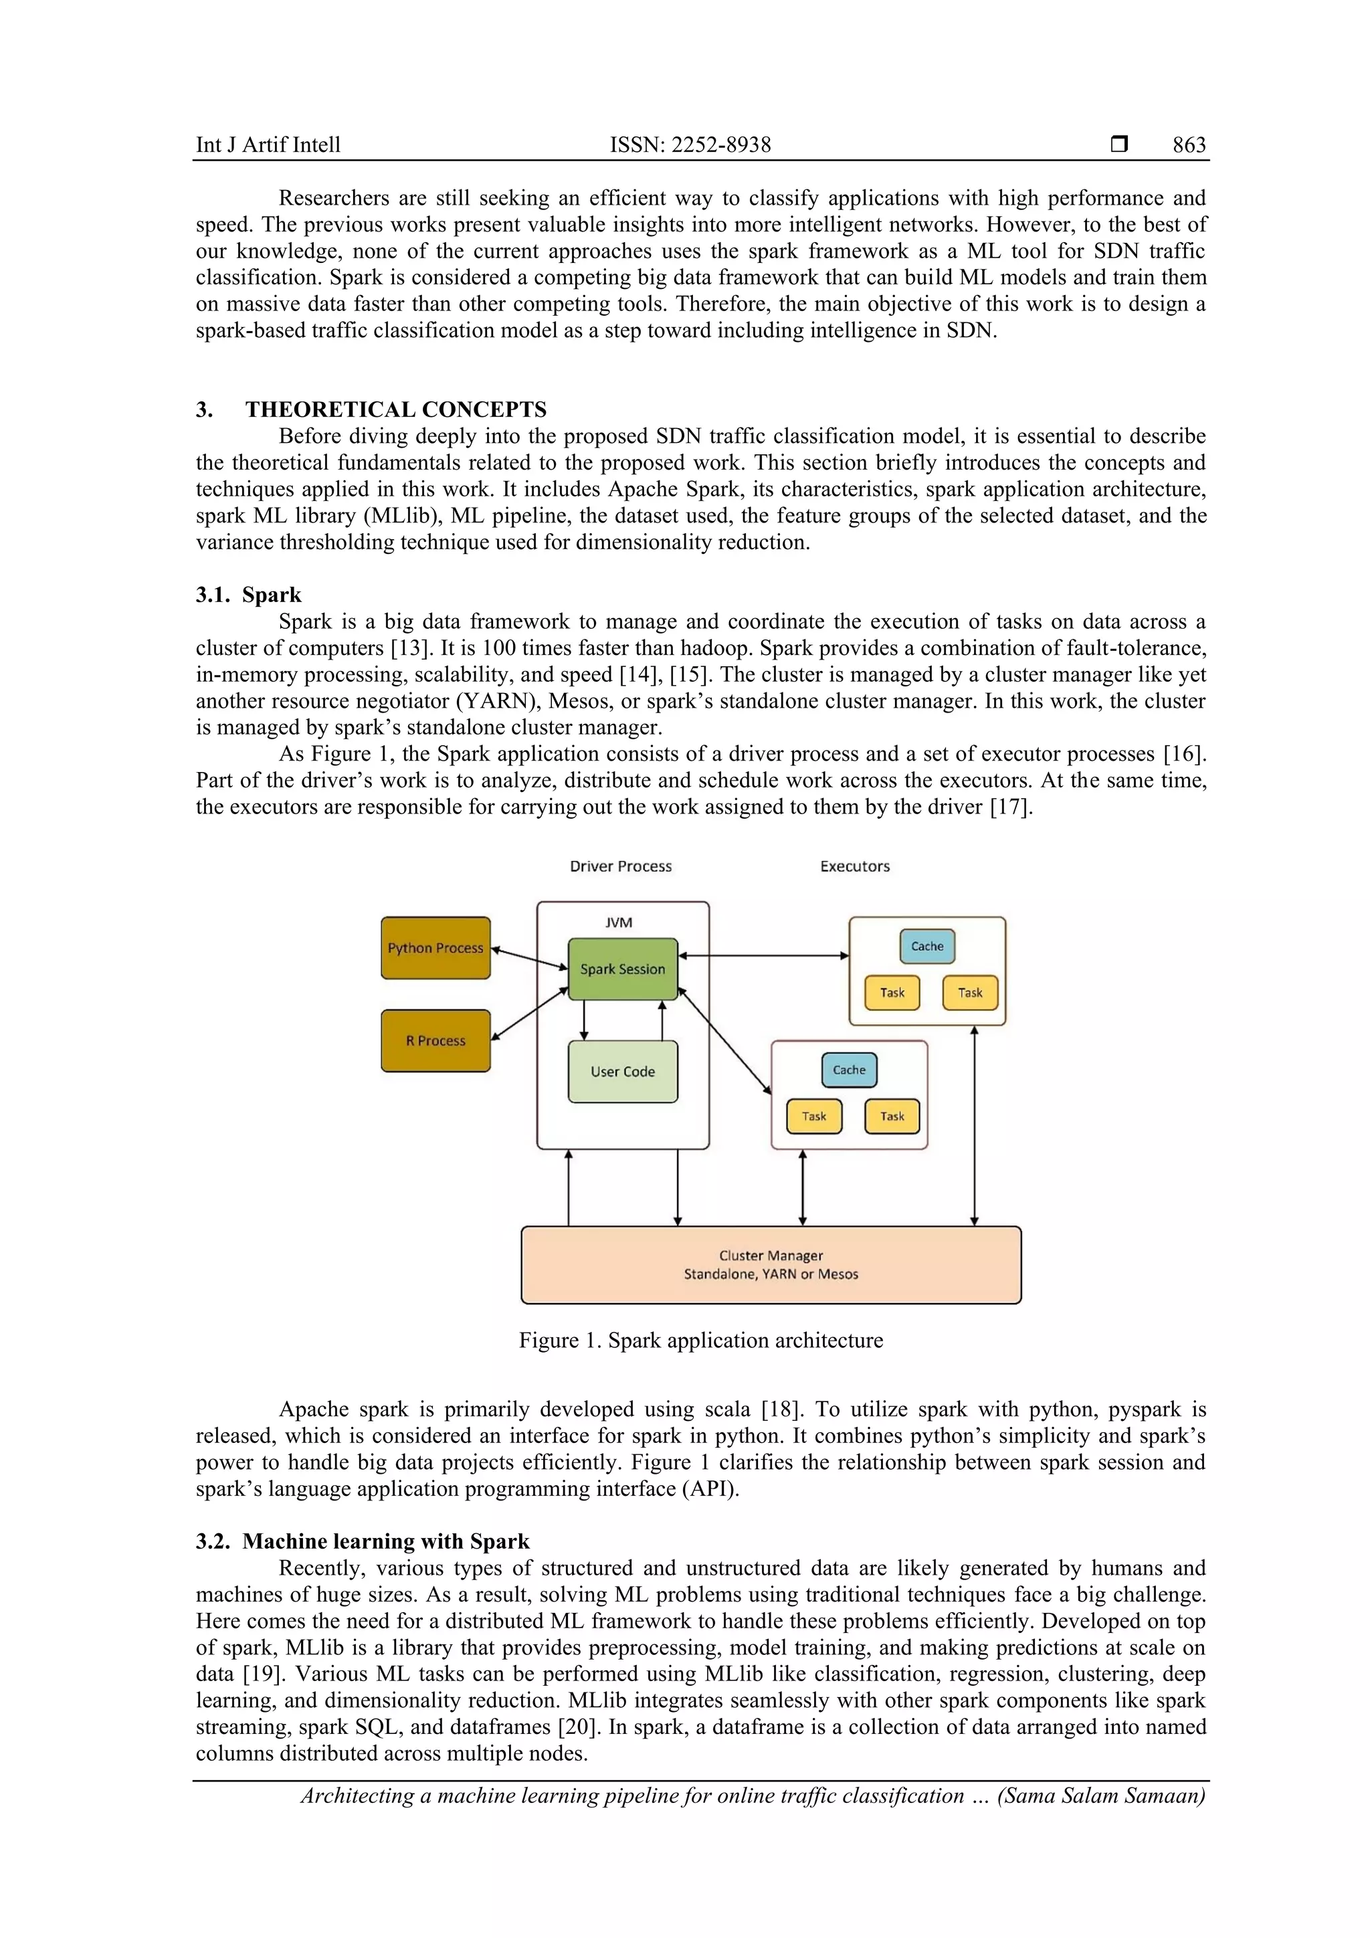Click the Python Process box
click(435, 948)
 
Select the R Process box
click(435, 1041)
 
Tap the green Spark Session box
click(623, 969)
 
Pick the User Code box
click(623, 1071)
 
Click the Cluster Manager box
click(771, 1264)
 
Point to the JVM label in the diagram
click(619, 923)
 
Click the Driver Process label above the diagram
click(620, 866)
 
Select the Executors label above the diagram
click(855, 866)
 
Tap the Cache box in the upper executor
click(927, 946)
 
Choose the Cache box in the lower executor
click(849, 1070)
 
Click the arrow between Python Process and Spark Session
click(529, 959)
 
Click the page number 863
click(1189, 145)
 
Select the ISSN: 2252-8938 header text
click(690, 145)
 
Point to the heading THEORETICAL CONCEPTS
click(396, 409)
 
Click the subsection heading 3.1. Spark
click(248, 595)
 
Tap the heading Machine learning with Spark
click(386, 1541)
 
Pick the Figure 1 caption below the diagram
click(700, 1341)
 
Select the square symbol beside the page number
click(1119, 144)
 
